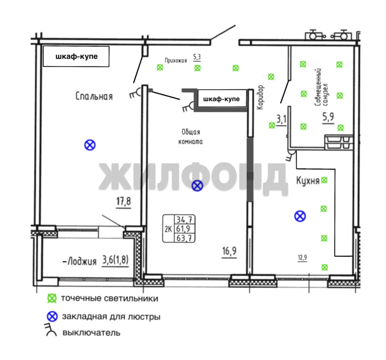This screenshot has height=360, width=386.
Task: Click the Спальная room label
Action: [94, 96]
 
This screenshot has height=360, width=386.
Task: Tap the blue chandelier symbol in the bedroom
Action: [90, 145]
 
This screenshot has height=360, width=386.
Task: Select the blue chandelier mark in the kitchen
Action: [300, 216]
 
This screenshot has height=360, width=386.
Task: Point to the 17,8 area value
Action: [124, 202]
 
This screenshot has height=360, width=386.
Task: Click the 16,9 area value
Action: [229, 251]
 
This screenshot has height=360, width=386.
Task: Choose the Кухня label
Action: [308, 180]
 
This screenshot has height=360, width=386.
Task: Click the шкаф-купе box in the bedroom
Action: [76, 56]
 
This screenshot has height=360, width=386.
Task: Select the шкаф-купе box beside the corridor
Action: [222, 99]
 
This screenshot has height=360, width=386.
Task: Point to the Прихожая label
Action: [176, 61]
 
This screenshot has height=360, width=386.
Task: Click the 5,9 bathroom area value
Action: [328, 117]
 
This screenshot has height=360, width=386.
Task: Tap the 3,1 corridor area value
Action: [282, 119]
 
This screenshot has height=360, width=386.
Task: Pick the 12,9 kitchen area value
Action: [302, 258]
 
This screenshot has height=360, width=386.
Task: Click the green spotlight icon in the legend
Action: [52, 298]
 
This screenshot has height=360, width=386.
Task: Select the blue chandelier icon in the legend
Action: [52, 317]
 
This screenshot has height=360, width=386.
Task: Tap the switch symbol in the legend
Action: [50, 330]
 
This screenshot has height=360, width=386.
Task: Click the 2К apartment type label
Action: [168, 229]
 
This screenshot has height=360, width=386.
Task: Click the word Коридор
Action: [260, 97]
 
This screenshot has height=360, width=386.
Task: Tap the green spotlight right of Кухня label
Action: [324, 180]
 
